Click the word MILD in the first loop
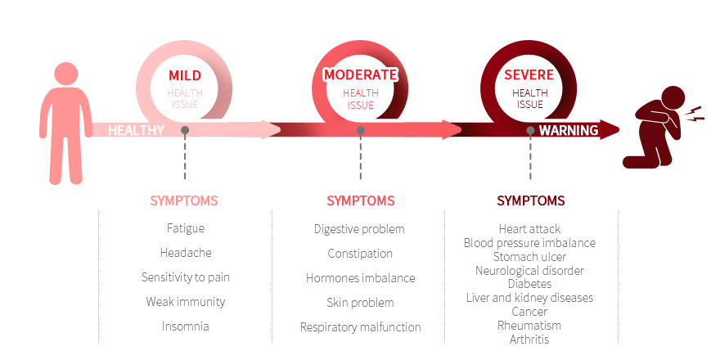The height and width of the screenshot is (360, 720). pyautogui.click(x=185, y=75)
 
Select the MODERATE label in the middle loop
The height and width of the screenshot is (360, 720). pyautogui.click(x=361, y=74)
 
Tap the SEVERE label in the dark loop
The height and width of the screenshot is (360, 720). pyautogui.click(x=529, y=74)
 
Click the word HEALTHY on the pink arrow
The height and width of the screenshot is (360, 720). pyautogui.click(x=136, y=130)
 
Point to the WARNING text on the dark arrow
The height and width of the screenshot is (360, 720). pyautogui.click(x=569, y=130)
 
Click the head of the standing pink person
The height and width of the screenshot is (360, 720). pyautogui.click(x=66, y=74)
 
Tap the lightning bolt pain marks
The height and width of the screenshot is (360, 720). pyautogui.click(x=695, y=113)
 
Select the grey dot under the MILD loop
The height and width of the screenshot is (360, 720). pyautogui.click(x=185, y=130)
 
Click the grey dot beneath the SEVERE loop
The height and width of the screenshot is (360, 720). pyautogui.click(x=530, y=130)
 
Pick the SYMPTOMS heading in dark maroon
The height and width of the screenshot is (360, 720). pyautogui.click(x=531, y=200)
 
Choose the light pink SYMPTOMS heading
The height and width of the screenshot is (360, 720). pyautogui.click(x=184, y=200)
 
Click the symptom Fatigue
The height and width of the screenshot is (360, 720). pyautogui.click(x=186, y=228)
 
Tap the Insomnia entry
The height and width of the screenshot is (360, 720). pyautogui.click(x=186, y=326)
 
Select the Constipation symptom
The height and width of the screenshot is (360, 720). pyautogui.click(x=361, y=254)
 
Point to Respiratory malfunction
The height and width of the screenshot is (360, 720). pyautogui.click(x=361, y=327)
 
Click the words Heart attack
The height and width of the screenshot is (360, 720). pyautogui.click(x=530, y=228)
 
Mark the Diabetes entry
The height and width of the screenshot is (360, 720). pyautogui.click(x=530, y=284)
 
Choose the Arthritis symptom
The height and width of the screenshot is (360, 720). pyautogui.click(x=529, y=340)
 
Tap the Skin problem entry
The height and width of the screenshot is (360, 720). pyautogui.click(x=361, y=303)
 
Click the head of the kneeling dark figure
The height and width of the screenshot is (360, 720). pyautogui.click(x=673, y=98)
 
